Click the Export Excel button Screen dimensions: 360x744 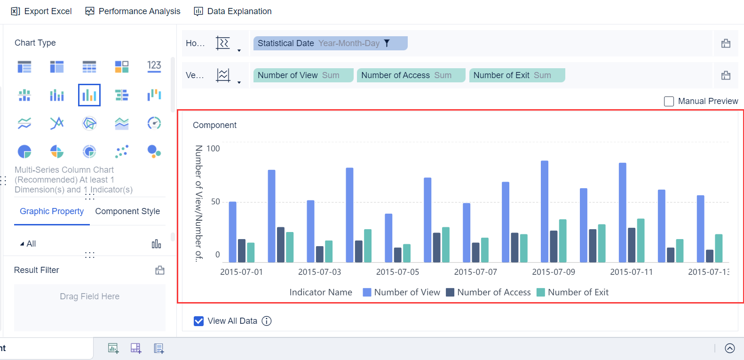41,11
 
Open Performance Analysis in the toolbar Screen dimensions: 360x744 133,11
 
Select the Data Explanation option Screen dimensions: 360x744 233,11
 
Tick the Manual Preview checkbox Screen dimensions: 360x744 669,101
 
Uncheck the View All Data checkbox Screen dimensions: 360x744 199,321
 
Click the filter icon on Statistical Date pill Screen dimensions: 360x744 387,43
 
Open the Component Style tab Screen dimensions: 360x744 127,211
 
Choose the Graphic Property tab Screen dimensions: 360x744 52,211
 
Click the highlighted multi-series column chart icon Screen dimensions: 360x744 89,95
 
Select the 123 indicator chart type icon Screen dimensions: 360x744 154,66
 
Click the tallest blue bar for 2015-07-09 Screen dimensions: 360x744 545,212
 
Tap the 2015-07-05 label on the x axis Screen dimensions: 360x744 397,272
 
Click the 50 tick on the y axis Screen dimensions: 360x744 215,201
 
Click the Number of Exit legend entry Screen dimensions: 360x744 573,292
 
